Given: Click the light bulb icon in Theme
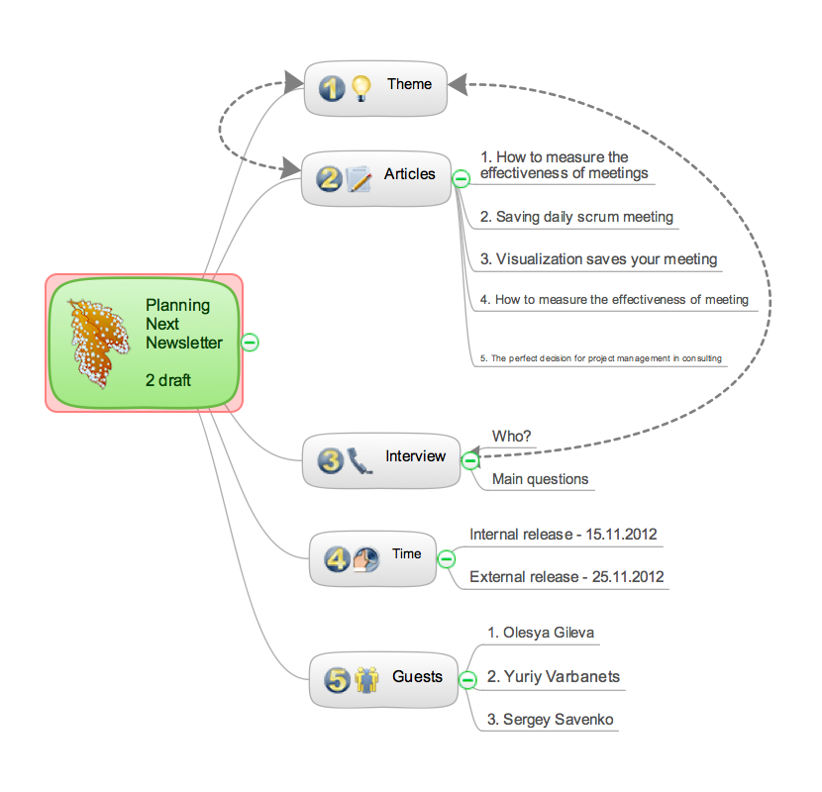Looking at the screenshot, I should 360,89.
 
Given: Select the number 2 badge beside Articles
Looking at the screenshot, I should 329,179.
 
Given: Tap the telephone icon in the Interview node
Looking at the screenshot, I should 360,461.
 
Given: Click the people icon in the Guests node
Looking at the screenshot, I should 367,680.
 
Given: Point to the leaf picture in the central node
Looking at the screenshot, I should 98,341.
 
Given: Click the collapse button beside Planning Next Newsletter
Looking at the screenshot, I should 251,343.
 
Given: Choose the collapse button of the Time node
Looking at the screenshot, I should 447,559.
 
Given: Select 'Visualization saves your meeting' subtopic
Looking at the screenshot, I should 598,259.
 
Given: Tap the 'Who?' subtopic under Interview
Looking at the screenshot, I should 511,436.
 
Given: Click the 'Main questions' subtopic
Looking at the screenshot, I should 540,479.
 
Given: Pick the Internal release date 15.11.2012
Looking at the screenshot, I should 564,535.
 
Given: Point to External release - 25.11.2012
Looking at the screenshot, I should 566,577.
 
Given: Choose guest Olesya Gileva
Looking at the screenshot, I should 541,633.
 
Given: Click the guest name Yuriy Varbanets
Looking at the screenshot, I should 553,677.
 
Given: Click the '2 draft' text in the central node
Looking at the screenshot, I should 168,380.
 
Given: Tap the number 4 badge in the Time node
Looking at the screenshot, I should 337,559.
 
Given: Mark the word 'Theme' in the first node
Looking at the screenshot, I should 409,84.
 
